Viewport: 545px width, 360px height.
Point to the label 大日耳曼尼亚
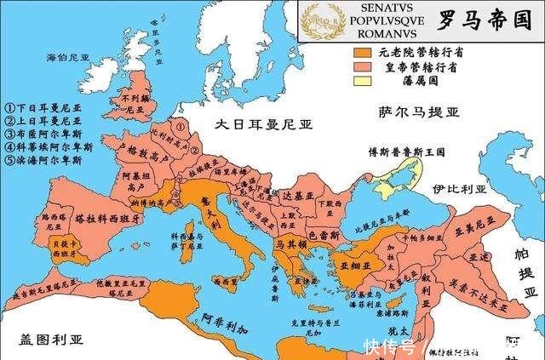tap(263, 125)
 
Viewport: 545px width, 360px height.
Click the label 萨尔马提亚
tap(419, 111)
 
